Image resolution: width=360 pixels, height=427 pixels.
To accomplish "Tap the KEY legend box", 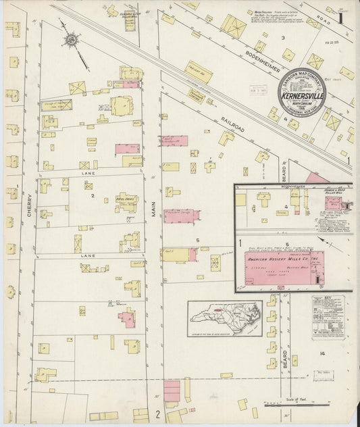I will coord(328,317).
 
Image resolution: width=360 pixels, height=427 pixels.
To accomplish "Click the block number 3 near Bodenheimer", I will coord(283,39).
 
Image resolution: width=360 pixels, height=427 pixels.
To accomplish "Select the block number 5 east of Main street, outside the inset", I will coord(197,240).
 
